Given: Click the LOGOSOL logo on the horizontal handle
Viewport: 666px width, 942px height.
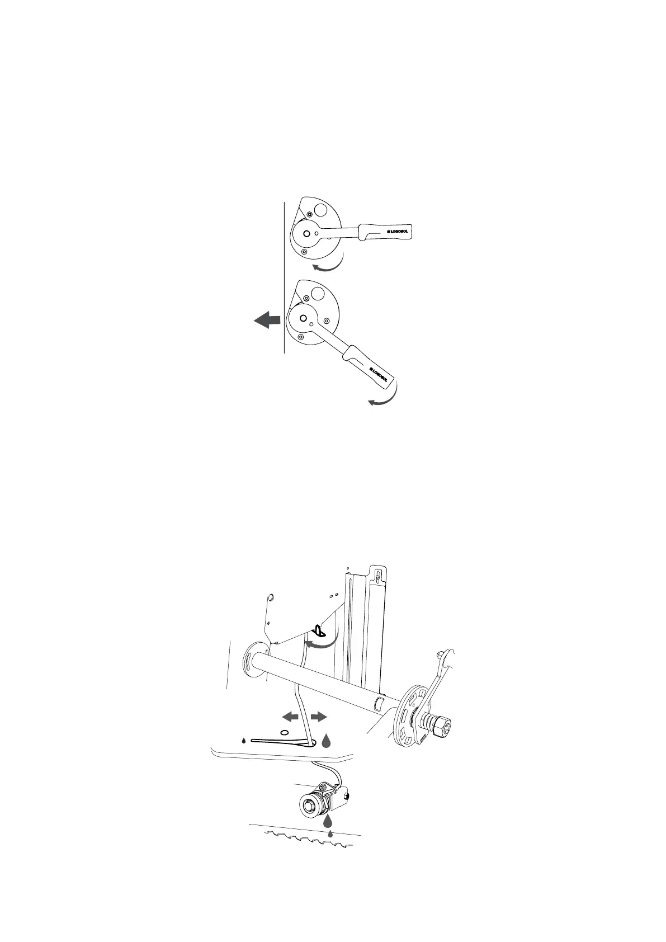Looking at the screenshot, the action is (x=398, y=230).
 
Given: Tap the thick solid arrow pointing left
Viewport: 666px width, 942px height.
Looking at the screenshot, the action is (x=266, y=321).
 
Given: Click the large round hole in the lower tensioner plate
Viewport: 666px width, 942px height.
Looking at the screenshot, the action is (x=318, y=295).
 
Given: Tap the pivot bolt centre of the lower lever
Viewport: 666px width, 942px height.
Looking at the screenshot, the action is (x=303, y=318).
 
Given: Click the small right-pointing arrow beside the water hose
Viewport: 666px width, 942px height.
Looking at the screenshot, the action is (x=318, y=716).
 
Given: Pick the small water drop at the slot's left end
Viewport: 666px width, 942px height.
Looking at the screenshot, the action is (x=244, y=741).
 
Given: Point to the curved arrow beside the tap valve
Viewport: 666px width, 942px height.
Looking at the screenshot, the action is (x=323, y=643).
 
